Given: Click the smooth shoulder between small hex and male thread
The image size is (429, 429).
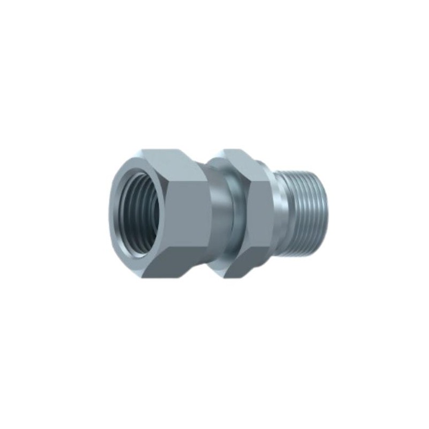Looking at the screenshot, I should [276, 214].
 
